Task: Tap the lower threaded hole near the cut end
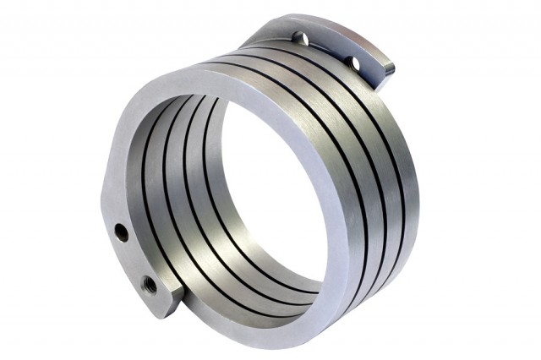(149, 282)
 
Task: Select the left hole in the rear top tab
(298, 37)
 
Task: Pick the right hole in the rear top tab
(354, 63)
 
